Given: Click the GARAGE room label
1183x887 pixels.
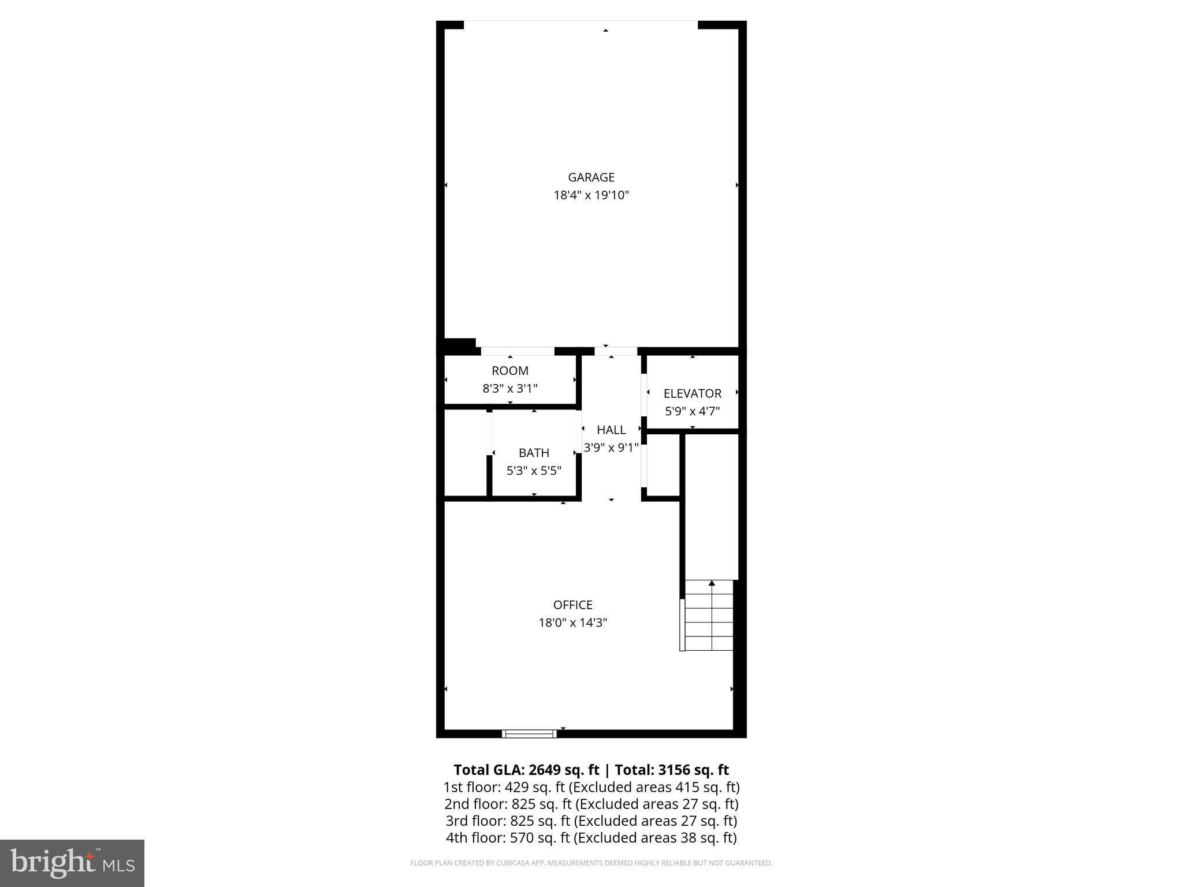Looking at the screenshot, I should click(591, 177).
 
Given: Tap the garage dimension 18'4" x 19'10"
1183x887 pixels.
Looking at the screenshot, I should click(591, 195).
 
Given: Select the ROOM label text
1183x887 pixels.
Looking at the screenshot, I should click(510, 371).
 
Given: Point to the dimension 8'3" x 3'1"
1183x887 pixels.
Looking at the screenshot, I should click(510, 389).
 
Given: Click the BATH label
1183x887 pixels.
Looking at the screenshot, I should click(534, 453).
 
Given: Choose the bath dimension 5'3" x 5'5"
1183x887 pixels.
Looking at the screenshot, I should click(534, 471).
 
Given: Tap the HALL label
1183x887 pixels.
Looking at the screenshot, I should click(611, 430).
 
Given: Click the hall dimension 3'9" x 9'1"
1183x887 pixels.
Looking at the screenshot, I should click(611, 448).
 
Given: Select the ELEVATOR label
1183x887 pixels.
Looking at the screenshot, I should click(692, 393).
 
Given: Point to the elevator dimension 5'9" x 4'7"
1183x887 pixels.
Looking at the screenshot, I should click(692, 411).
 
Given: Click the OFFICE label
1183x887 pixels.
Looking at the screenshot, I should click(572, 605).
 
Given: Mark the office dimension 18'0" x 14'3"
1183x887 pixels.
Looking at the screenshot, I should click(572, 623).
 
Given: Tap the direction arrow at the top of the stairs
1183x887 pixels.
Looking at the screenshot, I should click(712, 583).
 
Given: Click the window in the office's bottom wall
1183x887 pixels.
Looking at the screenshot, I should click(530, 733).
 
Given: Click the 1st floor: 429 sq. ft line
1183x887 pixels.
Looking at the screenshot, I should click(591, 787).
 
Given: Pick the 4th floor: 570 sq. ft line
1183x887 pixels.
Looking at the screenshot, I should click(591, 837).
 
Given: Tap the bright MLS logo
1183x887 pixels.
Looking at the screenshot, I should click(72, 863).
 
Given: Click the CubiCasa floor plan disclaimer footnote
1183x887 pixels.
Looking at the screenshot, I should click(591, 863).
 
